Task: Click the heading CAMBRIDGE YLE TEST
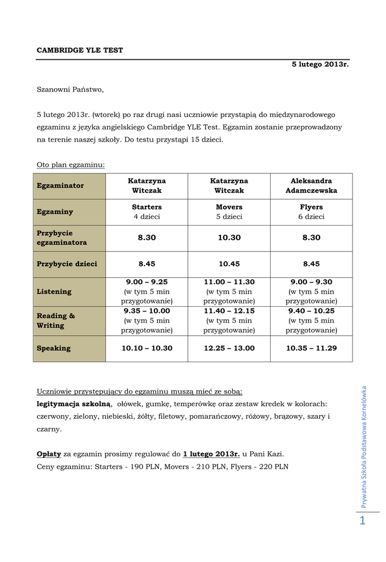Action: coord(80,50)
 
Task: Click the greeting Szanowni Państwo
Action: coord(70,89)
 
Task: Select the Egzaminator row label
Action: coord(60,186)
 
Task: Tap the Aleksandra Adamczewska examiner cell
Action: coord(311,186)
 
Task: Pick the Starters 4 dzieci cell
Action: coord(147,212)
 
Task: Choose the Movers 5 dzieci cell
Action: coord(229,212)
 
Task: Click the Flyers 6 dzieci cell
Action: coord(311,212)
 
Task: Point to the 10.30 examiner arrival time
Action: coord(229,238)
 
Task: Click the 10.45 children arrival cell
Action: coord(229,264)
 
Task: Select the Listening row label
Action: coord(54,291)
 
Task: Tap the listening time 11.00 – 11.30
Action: coord(229,282)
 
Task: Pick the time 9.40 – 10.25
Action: coord(311,311)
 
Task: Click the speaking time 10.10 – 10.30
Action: coord(147,348)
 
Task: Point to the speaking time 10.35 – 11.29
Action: coord(311,348)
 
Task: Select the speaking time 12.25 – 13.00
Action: coord(229,348)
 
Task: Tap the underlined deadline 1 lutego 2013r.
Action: coord(211,454)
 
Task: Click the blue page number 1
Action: coord(362,521)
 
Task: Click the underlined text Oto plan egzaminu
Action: coord(71,164)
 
